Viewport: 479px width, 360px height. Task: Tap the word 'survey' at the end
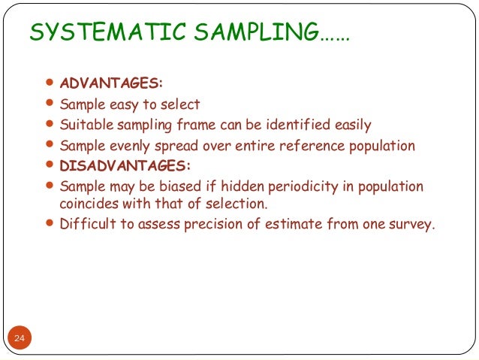pyautogui.click(x=412, y=223)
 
